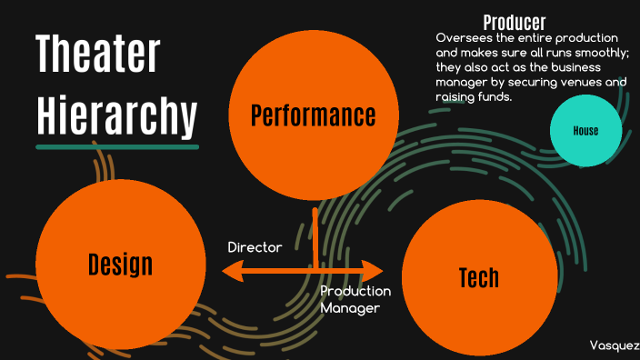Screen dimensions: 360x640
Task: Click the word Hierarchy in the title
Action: tap(116, 115)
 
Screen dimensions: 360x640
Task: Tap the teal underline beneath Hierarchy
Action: tap(116, 145)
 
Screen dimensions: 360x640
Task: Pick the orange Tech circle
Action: tap(478, 276)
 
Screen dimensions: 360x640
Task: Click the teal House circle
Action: tap(585, 131)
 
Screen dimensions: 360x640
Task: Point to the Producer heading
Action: tap(514, 23)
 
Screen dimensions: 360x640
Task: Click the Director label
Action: tap(255, 247)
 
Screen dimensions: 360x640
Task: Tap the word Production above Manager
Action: tap(355, 291)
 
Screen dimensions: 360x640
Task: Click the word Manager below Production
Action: tap(349, 308)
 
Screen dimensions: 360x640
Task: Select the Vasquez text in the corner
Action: tap(614, 346)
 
